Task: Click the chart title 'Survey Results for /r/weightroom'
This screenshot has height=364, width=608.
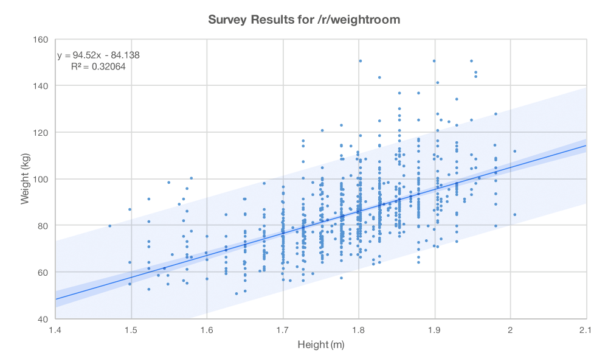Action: pos(304,19)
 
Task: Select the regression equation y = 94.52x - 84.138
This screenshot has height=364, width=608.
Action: pos(98,55)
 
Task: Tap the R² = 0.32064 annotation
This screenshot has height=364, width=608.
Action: pos(98,66)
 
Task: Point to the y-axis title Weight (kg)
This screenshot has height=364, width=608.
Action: pos(25,179)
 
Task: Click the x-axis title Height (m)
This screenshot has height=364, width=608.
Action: pos(320,345)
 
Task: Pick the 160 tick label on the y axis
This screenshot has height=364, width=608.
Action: pos(41,40)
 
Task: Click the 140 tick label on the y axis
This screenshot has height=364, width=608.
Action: pos(41,86)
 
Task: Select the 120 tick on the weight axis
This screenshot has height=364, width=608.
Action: pos(41,133)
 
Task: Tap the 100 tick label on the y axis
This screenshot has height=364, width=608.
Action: pos(41,179)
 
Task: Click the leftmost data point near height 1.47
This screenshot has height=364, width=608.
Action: pos(109,226)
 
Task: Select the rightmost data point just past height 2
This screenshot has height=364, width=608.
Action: pos(514,214)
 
